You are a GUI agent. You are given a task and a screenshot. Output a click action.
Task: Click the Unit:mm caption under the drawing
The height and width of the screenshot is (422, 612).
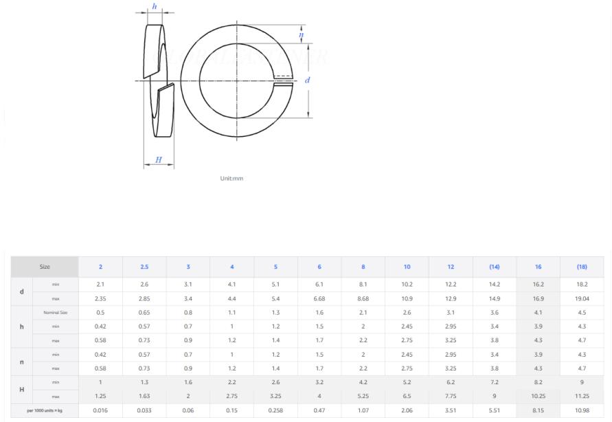[x=231, y=179]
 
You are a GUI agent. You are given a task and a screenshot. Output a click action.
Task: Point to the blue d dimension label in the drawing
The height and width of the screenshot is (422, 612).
[x=307, y=80]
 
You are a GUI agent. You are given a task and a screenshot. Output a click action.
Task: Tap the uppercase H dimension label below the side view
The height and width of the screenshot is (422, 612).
[x=159, y=160]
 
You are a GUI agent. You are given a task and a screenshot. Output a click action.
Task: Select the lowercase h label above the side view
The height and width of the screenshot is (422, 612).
[x=154, y=6]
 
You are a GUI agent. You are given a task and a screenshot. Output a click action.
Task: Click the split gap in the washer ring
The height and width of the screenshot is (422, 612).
[x=282, y=80]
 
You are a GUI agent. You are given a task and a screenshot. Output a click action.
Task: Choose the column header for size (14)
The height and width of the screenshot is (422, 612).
[x=494, y=267]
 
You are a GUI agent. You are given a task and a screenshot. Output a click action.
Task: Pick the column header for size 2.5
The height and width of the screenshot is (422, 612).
[x=144, y=267]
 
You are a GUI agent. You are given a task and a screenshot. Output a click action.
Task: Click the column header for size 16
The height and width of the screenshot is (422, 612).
[x=538, y=267]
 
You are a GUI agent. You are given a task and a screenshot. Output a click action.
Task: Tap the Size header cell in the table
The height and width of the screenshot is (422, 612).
[x=45, y=267]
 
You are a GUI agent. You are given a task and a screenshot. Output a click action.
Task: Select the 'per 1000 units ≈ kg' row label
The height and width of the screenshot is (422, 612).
[x=45, y=410]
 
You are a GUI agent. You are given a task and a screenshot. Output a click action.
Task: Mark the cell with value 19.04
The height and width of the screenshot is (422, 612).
[x=581, y=299]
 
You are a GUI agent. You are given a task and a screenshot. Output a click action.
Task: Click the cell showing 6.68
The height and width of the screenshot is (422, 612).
[x=319, y=299]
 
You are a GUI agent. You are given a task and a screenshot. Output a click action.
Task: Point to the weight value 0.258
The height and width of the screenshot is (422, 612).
[x=275, y=410]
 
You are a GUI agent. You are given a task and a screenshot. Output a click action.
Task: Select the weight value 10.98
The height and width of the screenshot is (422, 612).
[x=581, y=410]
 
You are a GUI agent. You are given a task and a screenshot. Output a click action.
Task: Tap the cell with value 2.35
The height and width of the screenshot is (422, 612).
[x=101, y=299]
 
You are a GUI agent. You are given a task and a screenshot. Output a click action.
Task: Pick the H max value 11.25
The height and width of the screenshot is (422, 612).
[x=581, y=396]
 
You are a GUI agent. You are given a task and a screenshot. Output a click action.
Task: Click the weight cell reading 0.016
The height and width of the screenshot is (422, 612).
[x=101, y=410]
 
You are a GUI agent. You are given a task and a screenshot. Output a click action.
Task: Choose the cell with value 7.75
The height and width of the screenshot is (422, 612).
[x=451, y=396]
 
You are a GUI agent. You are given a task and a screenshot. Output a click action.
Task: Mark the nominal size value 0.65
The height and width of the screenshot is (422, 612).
[x=144, y=313]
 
